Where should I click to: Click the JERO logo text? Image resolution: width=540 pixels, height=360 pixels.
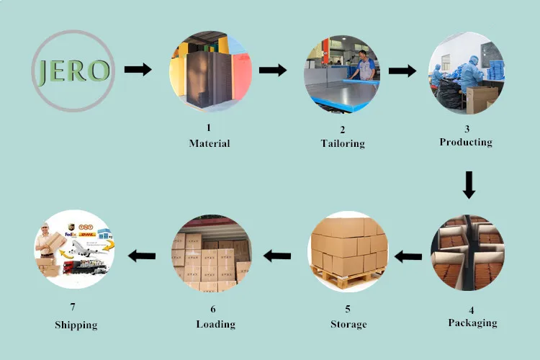click(72, 71)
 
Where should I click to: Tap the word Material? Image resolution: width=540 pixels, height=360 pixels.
click(210, 143)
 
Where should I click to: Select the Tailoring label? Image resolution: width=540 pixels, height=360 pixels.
click(343, 143)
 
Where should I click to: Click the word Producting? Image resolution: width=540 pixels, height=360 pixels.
click(466, 142)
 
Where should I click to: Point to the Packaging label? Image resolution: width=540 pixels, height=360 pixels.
click(472, 323)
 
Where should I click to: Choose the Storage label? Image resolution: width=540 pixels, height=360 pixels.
click(348, 324)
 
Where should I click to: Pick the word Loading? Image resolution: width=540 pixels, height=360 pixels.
click(216, 324)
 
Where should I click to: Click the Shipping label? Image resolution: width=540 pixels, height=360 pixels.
click(76, 325)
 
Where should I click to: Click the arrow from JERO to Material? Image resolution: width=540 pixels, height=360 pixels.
click(138, 70)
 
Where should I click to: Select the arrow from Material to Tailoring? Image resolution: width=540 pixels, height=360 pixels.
click(272, 70)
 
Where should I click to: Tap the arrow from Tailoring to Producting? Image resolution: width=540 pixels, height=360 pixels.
click(402, 71)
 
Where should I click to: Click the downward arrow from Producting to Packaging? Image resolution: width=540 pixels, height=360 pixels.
click(469, 184)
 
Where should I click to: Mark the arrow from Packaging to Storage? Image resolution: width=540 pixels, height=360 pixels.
click(408, 255)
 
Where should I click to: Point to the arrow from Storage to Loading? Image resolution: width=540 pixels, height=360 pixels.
click(276, 254)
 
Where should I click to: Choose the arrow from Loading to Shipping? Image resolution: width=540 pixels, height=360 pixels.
click(142, 254)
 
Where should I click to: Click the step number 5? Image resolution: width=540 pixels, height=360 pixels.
click(348, 310)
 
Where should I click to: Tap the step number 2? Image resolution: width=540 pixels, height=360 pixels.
click(343, 130)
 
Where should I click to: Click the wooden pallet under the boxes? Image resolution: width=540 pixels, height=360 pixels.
click(348, 275)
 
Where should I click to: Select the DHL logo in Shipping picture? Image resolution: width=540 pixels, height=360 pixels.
click(87, 234)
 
